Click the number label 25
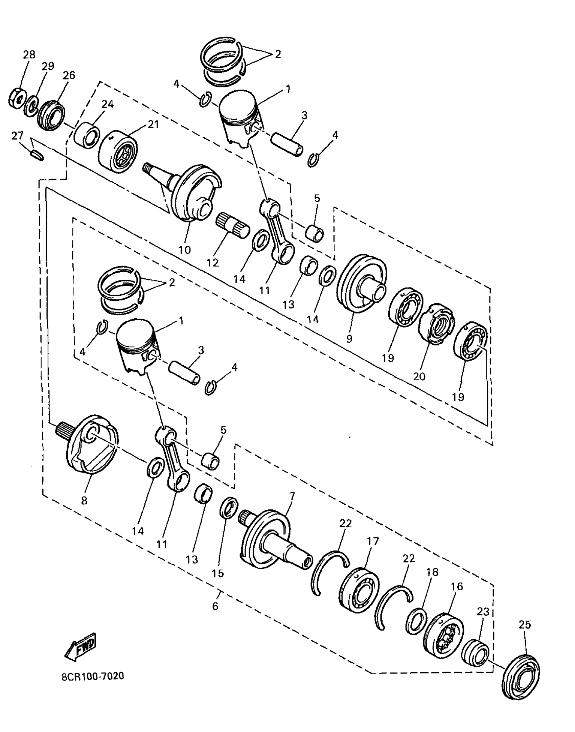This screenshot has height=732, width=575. tap(525, 625)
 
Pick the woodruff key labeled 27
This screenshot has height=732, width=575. tap(37, 155)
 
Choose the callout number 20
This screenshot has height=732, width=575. tap(419, 376)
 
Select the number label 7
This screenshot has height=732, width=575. tap(292, 497)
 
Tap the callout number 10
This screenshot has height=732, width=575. tap(185, 250)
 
